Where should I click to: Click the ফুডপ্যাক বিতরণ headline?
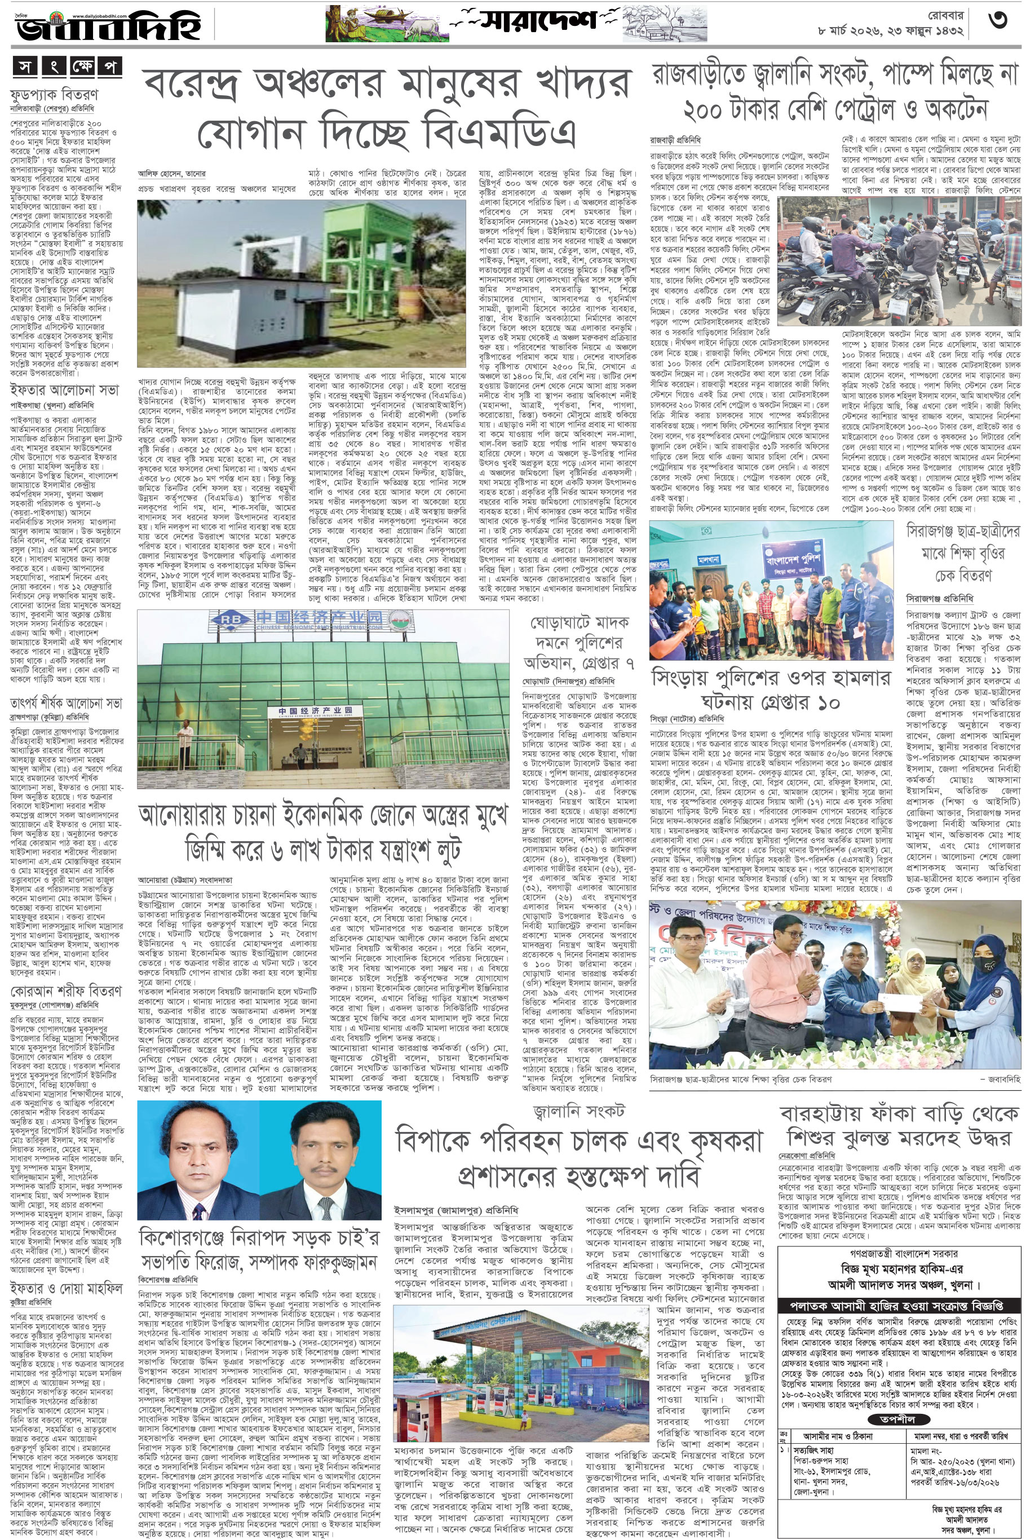click(x=54, y=94)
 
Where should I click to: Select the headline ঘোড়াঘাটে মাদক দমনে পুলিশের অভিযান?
click(x=579, y=643)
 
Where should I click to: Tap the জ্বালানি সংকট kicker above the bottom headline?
click(x=578, y=1111)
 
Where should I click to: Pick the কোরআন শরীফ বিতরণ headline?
click(x=65, y=991)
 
